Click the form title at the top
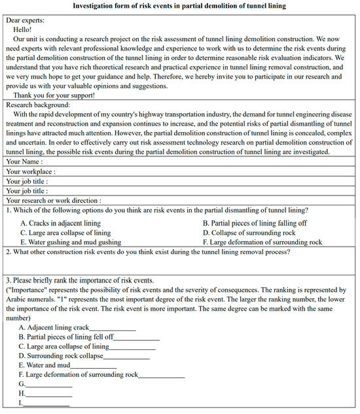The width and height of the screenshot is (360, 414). point(179,6)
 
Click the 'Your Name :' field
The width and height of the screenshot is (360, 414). point(25,161)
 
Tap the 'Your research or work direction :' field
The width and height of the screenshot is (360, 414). point(54,200)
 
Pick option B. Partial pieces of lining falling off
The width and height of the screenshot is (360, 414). point(255,223)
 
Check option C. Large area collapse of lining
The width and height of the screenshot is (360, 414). point(65,232)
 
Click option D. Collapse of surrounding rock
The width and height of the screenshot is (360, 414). point(249,232)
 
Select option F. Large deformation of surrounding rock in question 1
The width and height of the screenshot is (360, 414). point(262,242)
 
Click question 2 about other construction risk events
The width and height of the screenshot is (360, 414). point(147,252)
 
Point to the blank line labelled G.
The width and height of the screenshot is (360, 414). point(48,385)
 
